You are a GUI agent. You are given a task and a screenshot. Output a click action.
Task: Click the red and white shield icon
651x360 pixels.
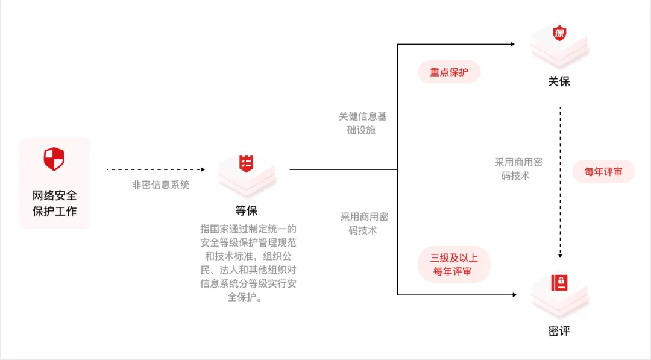(54, 159)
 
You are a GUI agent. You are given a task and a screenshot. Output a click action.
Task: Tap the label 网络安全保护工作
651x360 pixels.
(54, 204)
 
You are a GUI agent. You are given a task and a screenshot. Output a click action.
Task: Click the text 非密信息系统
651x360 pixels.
(160, 185)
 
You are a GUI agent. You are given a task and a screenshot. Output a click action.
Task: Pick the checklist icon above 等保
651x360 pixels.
(247, 163)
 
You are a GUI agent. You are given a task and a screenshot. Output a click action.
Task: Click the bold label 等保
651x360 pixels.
(247, 210)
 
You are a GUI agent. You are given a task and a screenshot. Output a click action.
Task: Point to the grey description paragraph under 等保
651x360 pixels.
(248, 263)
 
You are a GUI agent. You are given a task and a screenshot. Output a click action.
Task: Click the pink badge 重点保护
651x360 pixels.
(449, 72)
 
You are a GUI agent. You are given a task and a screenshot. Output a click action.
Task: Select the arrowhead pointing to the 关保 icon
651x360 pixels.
(512, 44)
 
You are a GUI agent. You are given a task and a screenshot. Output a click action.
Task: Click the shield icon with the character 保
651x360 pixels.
(559, 33)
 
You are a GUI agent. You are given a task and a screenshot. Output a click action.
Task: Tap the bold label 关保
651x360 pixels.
(559, 81)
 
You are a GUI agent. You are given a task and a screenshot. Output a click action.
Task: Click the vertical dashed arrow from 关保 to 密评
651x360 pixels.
(561, 181)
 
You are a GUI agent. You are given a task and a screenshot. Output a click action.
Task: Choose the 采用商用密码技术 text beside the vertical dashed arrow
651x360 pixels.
(518, 169)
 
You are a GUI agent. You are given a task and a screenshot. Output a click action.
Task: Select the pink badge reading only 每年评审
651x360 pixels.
(603, 172)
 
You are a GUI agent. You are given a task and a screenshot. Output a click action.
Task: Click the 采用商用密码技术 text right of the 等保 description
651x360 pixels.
(363, 223)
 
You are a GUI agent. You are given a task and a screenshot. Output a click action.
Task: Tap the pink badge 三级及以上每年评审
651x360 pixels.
(453, 265)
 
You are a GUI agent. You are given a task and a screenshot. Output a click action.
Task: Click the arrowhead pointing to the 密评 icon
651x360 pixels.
(514, 295)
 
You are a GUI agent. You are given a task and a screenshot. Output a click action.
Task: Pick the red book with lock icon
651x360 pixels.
(559, 282)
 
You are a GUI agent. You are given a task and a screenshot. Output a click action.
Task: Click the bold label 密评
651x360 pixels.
(559, 331)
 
